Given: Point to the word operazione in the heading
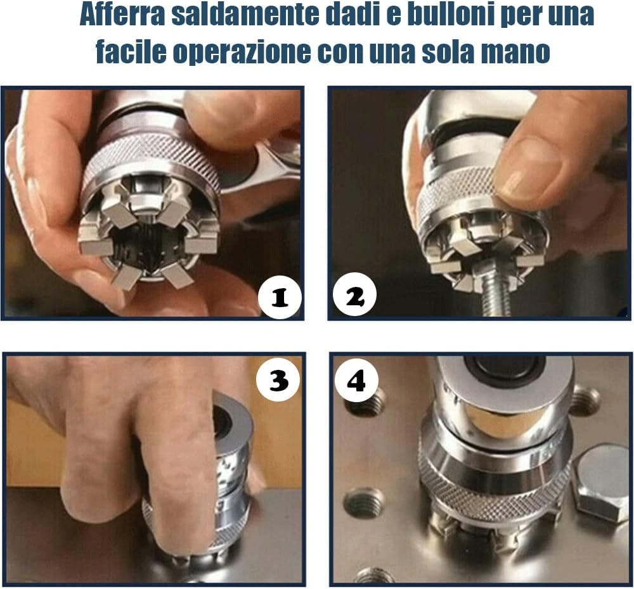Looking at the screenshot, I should [x=241, y=53].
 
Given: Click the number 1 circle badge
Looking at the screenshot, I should [x=280, y=296].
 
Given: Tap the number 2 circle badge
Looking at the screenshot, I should [x=355, y=296].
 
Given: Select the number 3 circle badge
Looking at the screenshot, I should [x=278, y=379].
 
